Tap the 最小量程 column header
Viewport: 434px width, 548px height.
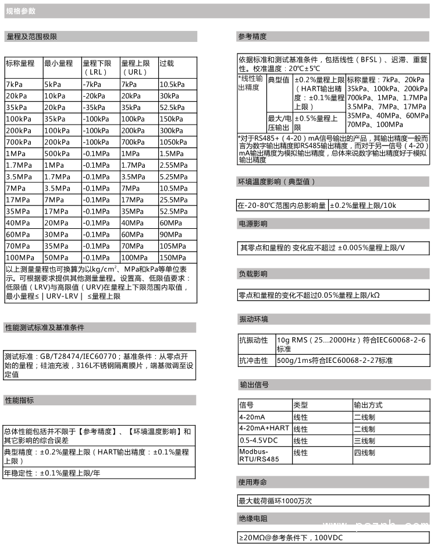58,63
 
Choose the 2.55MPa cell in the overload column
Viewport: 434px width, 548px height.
173,165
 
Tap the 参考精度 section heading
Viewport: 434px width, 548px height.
252,36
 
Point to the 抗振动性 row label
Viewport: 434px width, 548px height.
253,340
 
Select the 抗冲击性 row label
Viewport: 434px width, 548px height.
253,360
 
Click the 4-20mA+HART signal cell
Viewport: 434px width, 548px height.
264,428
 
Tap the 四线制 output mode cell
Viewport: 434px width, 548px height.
364,452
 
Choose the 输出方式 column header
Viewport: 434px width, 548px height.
368,405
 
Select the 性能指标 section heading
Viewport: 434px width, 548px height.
20,400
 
